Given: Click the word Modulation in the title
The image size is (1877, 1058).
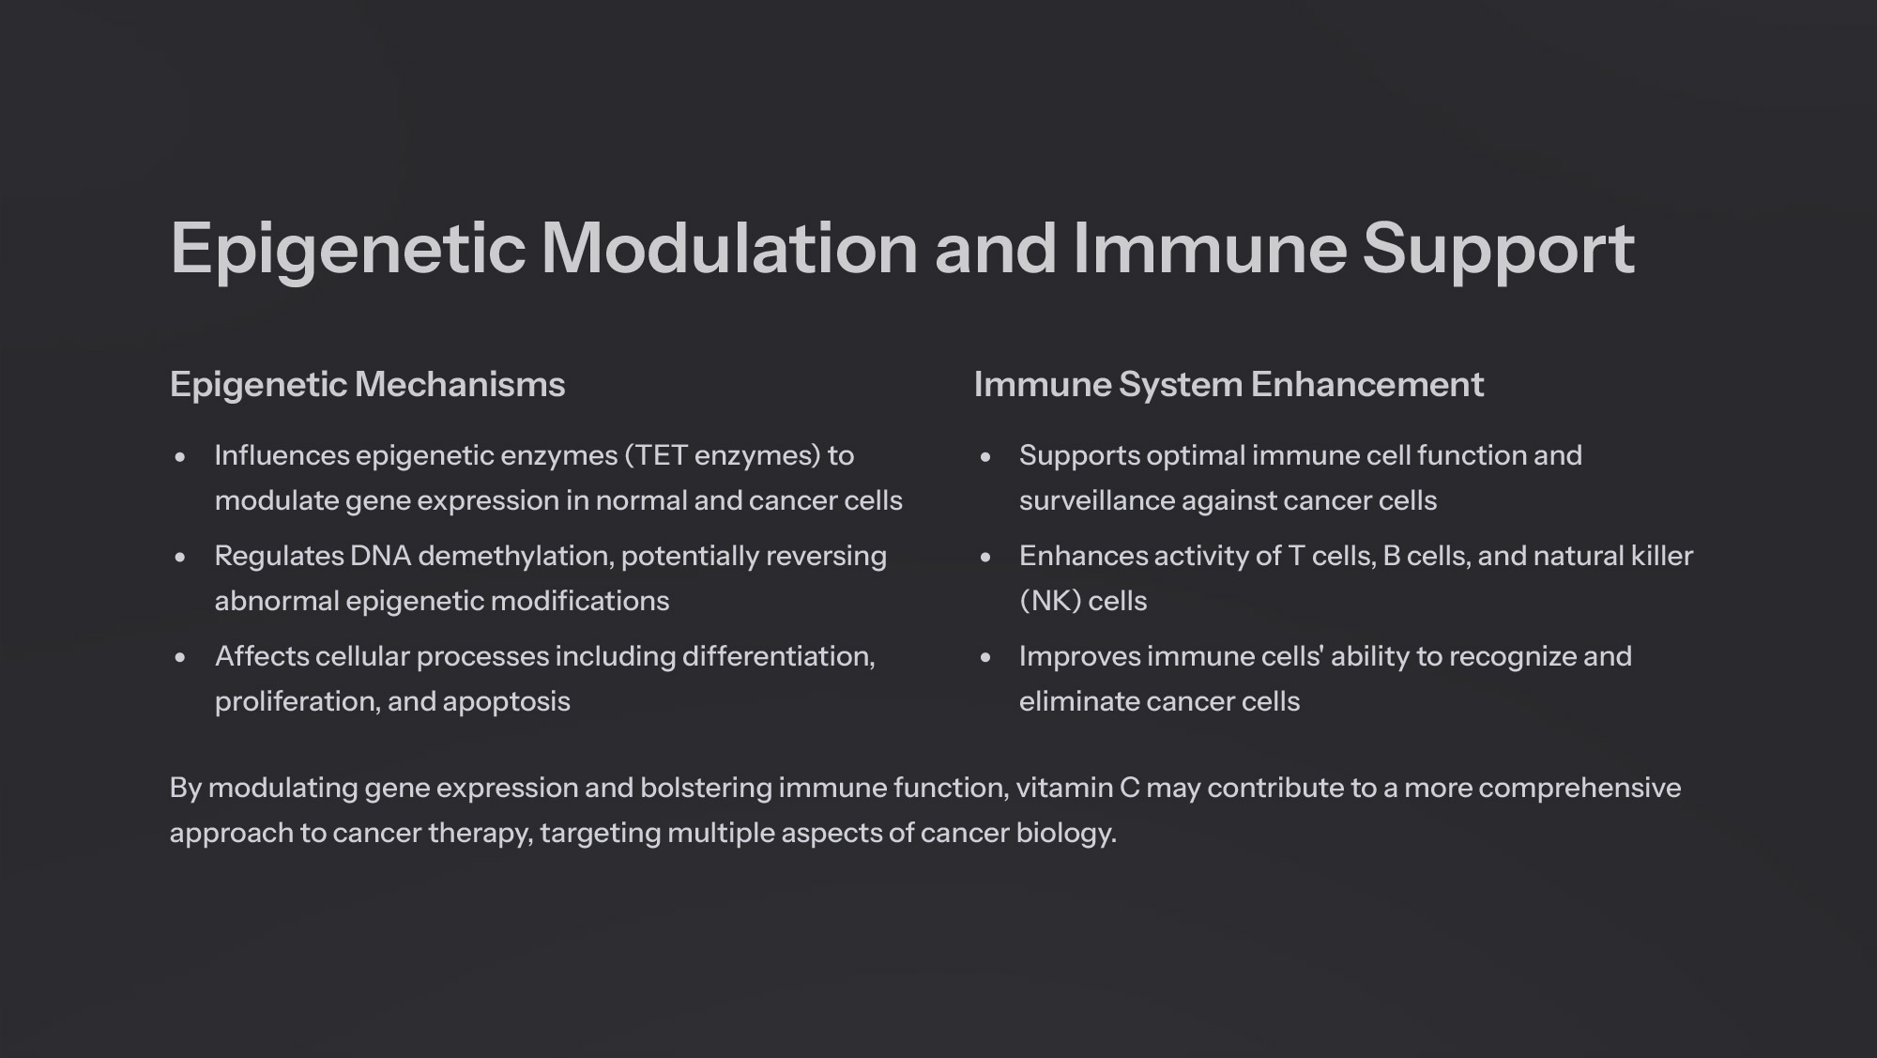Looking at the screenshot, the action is [x=728, y=248].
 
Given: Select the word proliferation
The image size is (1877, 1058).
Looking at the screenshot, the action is [x=297, y=702].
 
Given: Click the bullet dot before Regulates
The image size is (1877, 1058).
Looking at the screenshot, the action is [x=180, y=557].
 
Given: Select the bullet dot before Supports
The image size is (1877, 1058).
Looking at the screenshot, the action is [x=985, y=456].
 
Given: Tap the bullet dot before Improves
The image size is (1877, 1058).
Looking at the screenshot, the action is [x=985, y=657].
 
